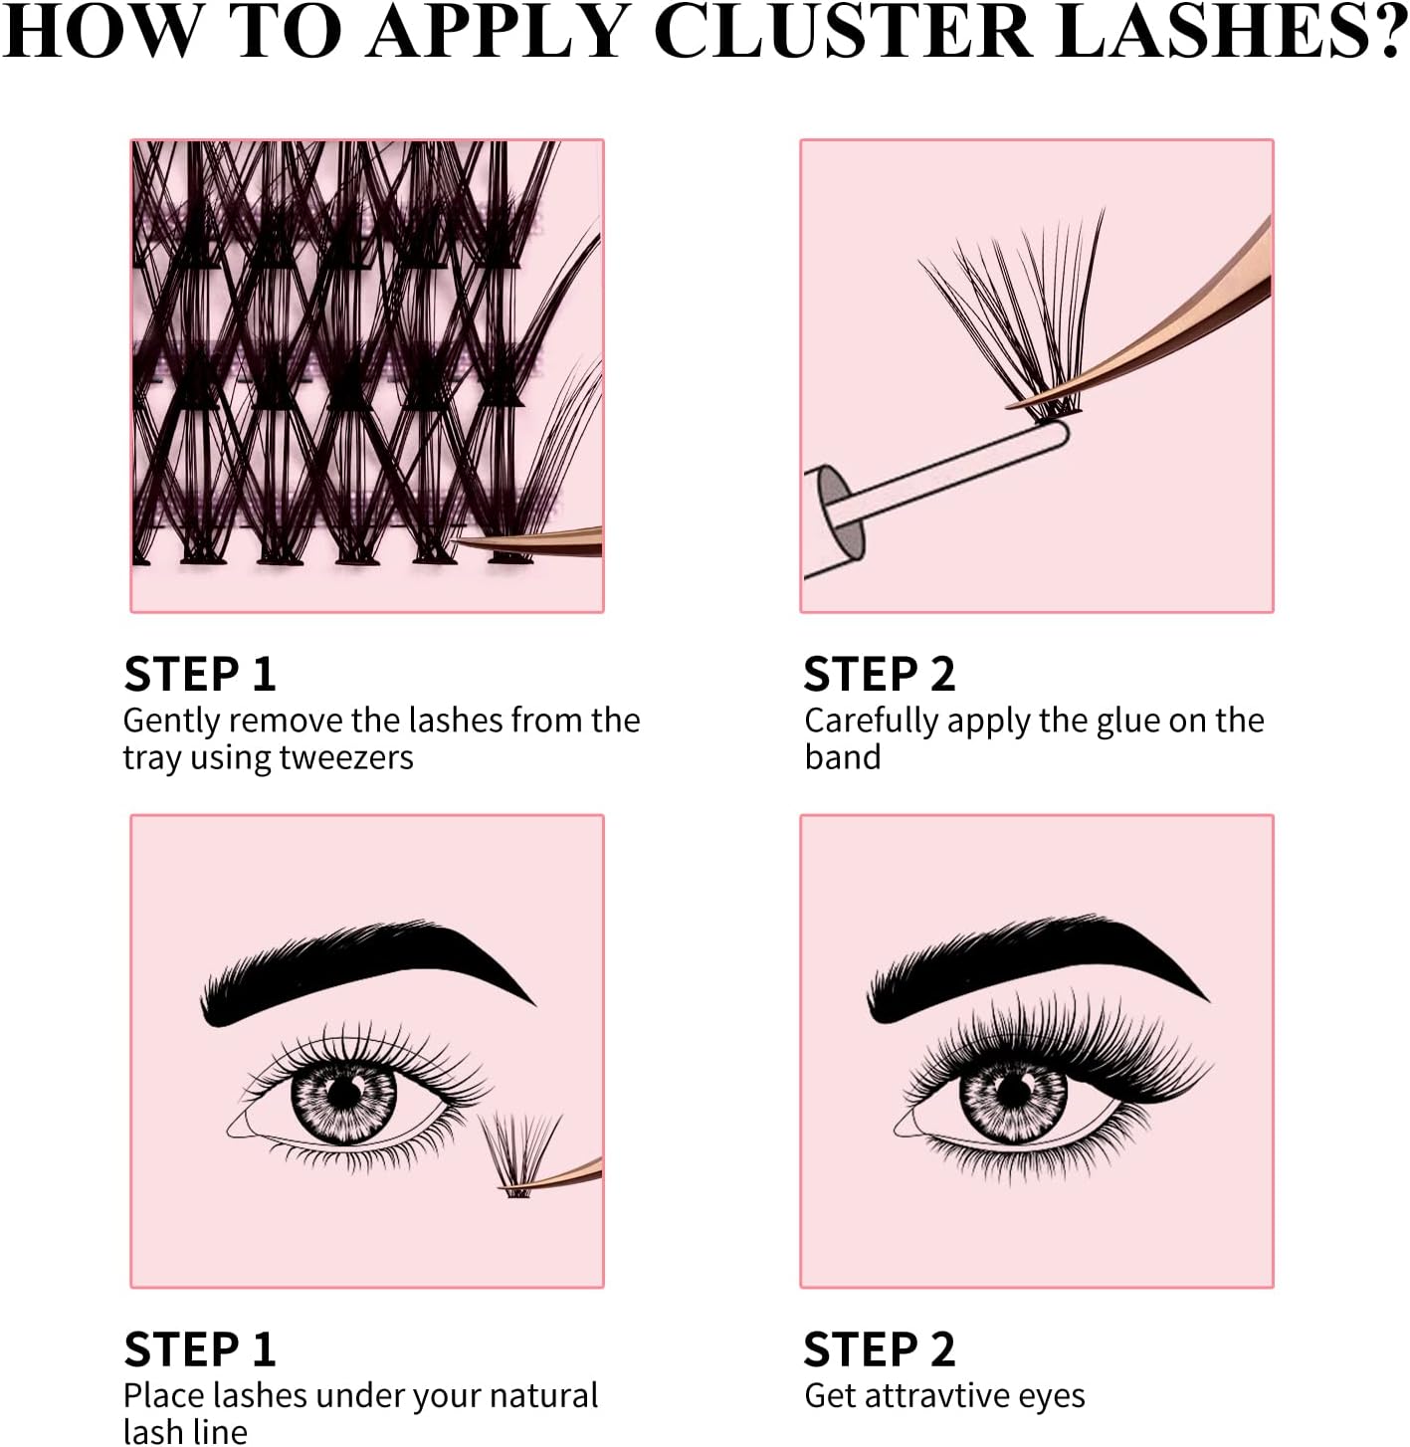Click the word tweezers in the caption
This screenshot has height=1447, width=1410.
pyautogui.click(x=346, y=757)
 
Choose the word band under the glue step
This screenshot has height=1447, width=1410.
pyautogui.click(x=843, y=757)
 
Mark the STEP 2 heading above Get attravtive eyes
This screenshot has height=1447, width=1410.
pyautogui.click(x=879, y=1348)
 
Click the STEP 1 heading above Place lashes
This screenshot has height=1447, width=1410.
pyautogui.click(x=200, y=1348)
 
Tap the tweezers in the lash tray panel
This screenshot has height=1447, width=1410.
pyautogui.click(x=529, y=541)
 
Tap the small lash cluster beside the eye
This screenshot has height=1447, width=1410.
pyautogui.click(x=519, y=1151)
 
